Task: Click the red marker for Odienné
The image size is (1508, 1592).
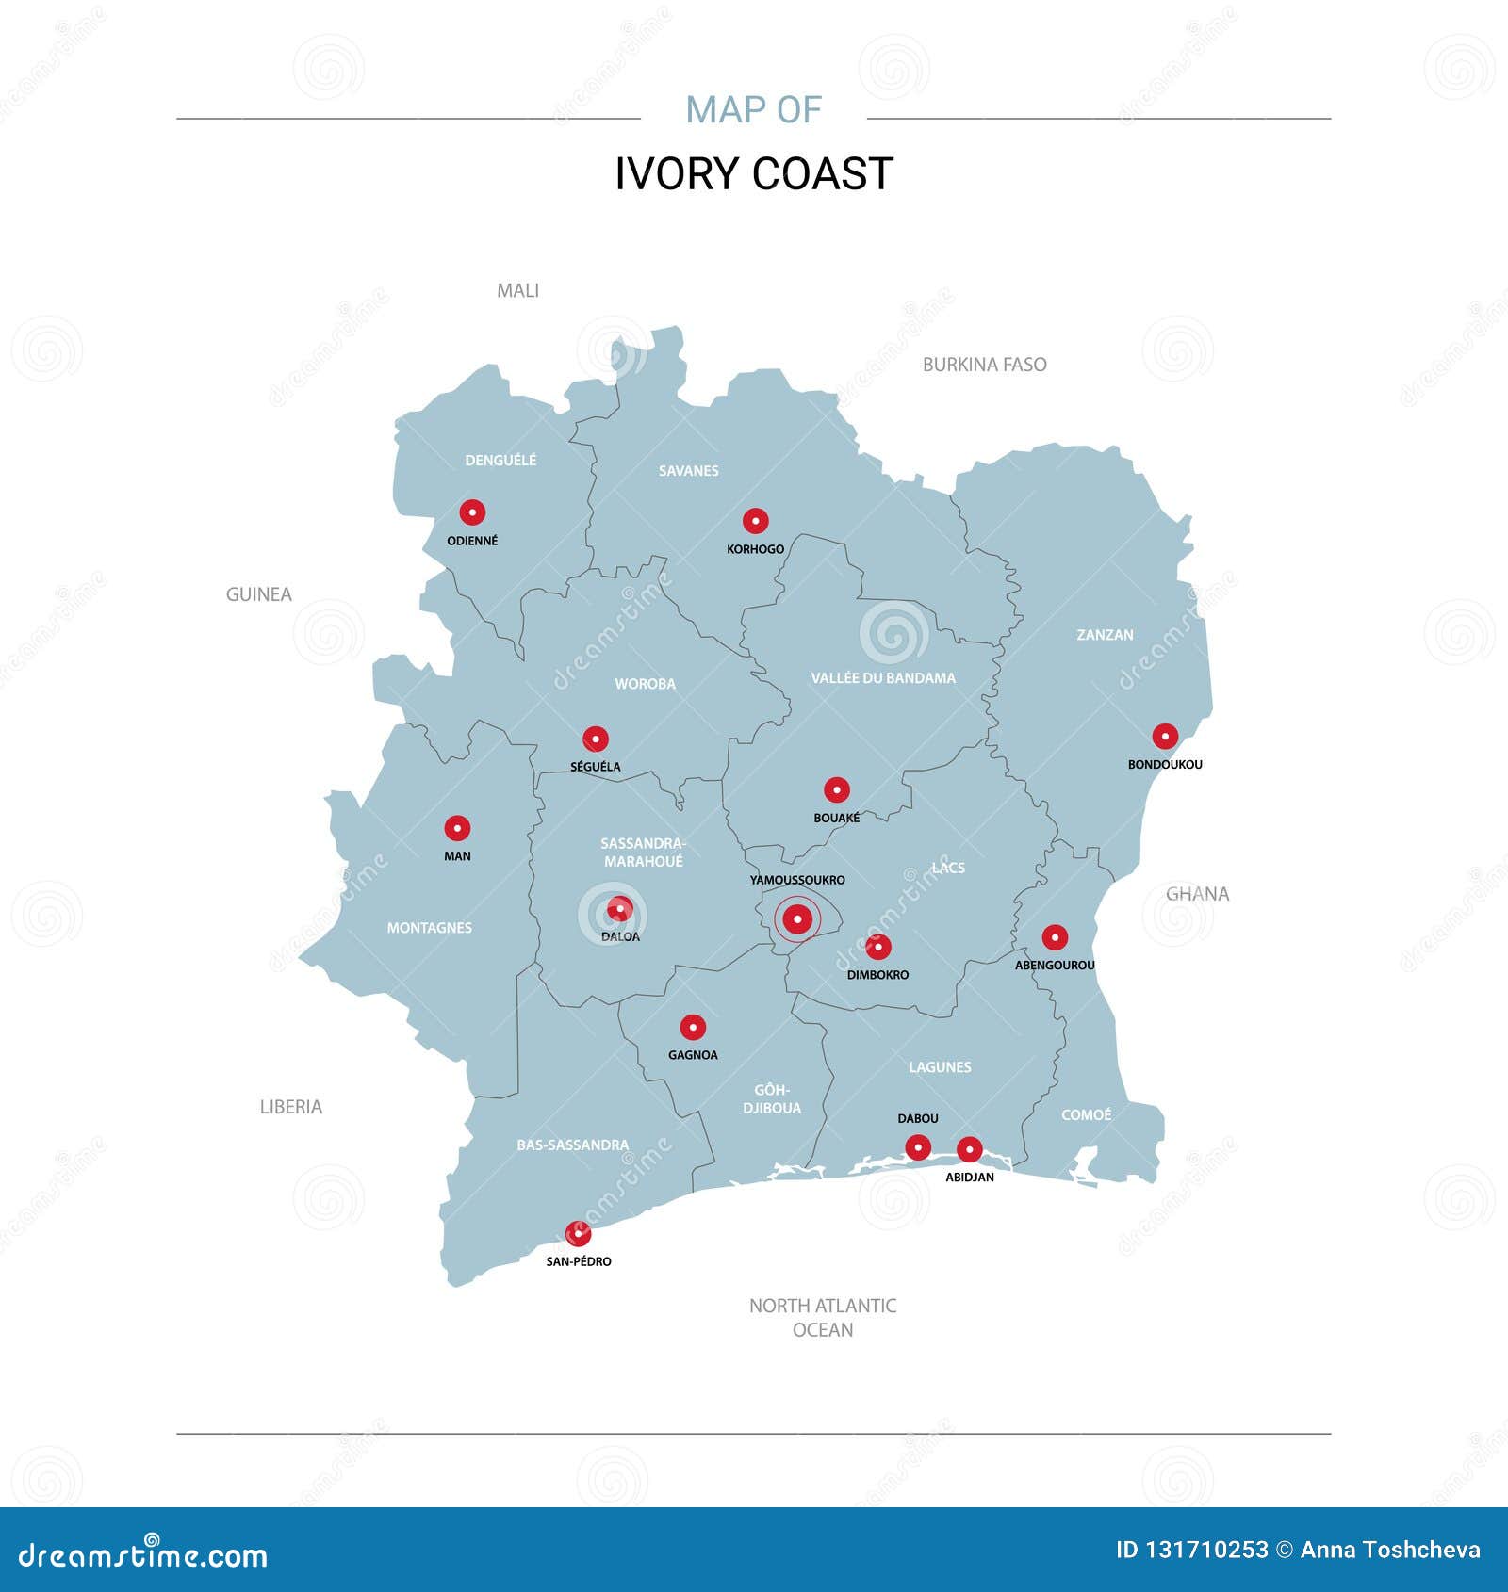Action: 472,512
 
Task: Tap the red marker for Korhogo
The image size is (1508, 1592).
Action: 755,521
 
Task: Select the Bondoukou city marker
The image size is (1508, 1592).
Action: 1165,737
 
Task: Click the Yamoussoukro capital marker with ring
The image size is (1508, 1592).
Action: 797,918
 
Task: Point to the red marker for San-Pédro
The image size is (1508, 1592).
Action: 578,1233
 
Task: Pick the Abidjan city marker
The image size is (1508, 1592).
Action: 969,1149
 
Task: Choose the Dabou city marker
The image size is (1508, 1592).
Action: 918,1147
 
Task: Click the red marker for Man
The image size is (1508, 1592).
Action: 457,828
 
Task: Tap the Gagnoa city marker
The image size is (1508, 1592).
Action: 693,1027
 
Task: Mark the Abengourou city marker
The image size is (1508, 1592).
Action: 1055,937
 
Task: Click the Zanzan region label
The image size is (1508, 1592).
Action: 1105,635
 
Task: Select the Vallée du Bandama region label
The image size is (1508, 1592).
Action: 883,678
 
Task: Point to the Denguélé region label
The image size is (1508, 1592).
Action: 500,460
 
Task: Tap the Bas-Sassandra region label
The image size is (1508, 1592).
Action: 572,1145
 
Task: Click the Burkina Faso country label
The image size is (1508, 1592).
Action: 984,365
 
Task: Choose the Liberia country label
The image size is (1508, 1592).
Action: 290,1107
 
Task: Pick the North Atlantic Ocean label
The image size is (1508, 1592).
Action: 823,1317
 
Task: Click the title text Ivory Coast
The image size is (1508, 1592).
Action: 754,174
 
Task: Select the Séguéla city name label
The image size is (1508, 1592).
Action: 596,767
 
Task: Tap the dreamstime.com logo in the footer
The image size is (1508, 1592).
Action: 143,1555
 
